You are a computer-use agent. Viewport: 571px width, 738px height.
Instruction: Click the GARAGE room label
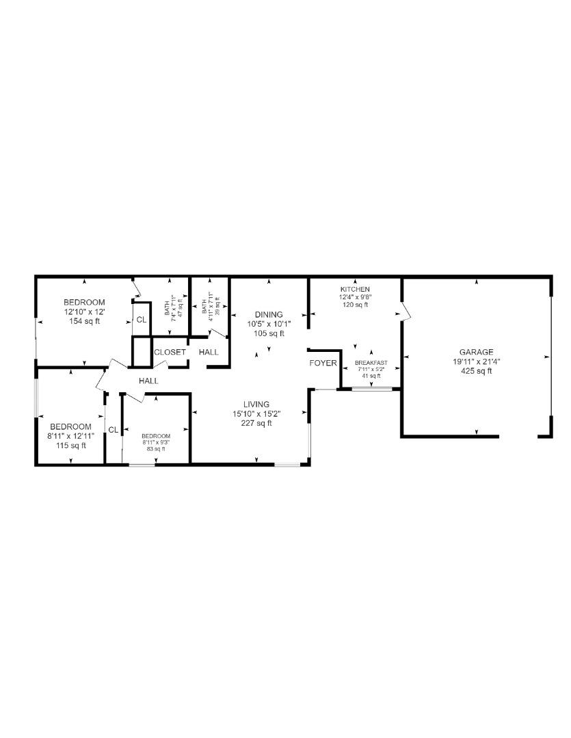[x=476, y=353]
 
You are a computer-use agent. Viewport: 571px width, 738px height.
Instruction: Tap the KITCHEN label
[x=354, y=290]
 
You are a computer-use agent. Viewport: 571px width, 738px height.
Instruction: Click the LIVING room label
[x=257, y=405]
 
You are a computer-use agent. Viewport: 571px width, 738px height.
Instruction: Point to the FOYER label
[x=323, y=363]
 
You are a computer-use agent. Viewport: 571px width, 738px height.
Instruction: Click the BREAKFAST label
[x=371, y=362]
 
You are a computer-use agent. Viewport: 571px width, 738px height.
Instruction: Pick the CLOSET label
[x=170, y=352]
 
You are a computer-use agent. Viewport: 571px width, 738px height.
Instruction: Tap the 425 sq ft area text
[x=476, y=371]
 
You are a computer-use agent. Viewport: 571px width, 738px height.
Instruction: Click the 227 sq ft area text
[x=257, y=423]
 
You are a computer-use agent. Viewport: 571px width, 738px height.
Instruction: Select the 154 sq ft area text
[x=84, y=321]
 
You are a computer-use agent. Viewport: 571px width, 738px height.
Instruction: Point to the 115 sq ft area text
[x=70, y=446]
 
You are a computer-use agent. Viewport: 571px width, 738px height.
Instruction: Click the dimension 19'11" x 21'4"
[x=476, y=362]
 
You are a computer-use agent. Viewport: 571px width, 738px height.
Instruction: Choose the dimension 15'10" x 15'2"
[x=257, y=413]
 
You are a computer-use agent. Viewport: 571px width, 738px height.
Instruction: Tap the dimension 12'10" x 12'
[x=84, y=312]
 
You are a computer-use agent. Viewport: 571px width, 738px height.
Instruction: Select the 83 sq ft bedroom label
[x=155, y=449]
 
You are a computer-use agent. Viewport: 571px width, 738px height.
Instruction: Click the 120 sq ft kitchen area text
[x=354, y=305]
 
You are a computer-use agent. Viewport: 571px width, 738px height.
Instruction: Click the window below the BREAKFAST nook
[x=372, y=389]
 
